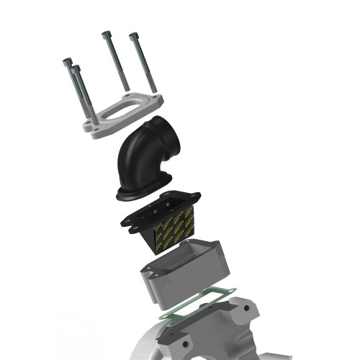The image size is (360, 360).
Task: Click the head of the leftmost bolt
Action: pyautogui.click(x=68, y=63)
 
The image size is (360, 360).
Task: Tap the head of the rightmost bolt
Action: pyautogui.click(x=133, y=35)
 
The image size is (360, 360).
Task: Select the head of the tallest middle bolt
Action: pyautogui.click(x=106, y=34)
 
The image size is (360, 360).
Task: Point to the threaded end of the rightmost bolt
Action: pyautogui.click(x=151, y=89)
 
